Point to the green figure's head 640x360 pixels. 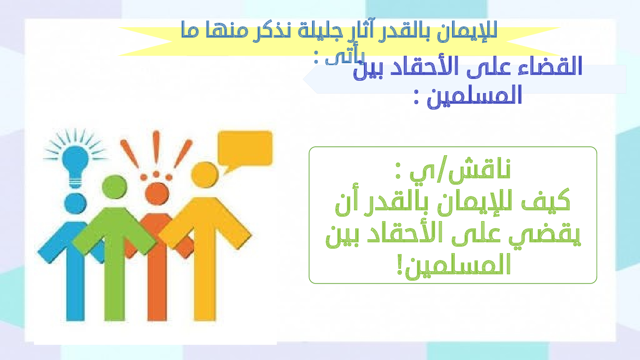point(114,187)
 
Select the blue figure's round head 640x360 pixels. point(75,204)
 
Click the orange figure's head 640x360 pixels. point(157,194)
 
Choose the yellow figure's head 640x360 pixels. point(205,175)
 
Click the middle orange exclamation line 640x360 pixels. point(156,148)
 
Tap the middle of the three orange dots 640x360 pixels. point(156,174)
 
